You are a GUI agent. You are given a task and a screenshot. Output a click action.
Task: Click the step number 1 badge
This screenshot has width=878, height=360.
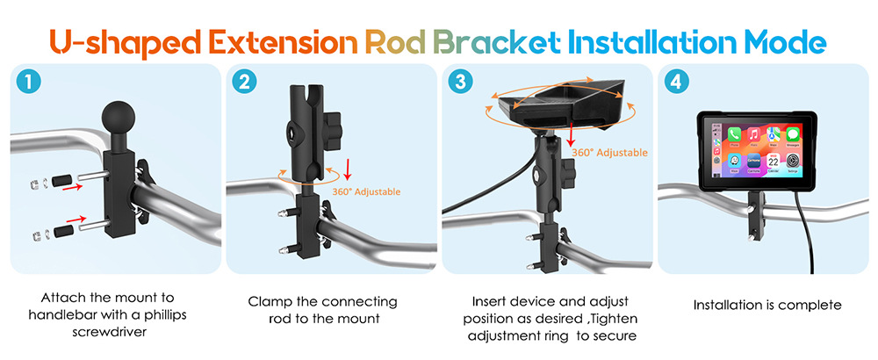[x=28, y=83]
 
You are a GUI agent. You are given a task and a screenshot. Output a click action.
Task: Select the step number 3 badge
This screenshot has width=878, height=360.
[x=459, y=83]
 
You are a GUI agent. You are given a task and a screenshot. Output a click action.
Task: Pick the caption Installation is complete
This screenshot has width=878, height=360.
[x=767, y=306]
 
